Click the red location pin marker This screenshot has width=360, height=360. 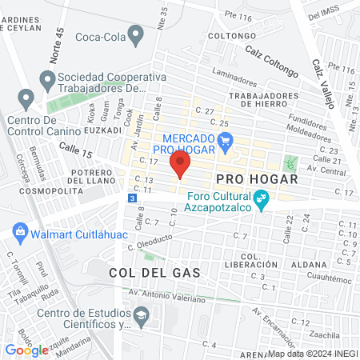pyautogui.click(x=180, y=166)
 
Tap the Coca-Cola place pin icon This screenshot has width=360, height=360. pyautogui.click(x=136, y=36)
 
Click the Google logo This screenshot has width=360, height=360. pyautogui.click(x=27, y=350)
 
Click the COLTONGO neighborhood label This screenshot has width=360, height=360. pyautogui.click(x=231, y=36)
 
